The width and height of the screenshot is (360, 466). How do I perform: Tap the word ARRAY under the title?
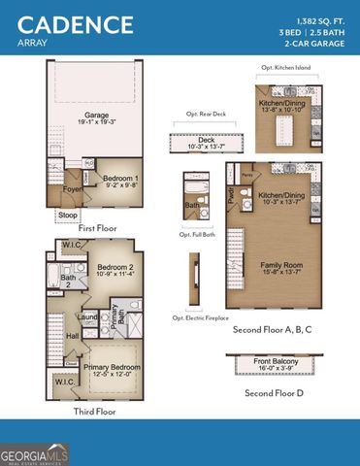coord(33,43)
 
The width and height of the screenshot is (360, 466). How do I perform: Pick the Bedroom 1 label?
coord(121,179)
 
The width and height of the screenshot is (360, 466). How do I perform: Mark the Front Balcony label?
coord(278,362)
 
